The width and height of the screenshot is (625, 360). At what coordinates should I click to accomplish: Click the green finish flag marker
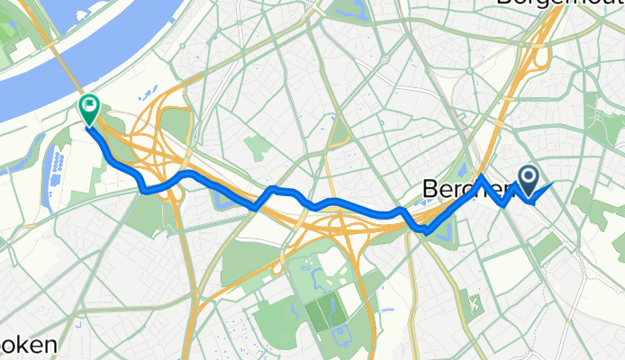point(90,109)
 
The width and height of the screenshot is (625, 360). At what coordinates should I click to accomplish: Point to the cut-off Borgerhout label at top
point(558,4)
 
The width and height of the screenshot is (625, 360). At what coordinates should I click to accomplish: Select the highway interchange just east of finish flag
point(158,135)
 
